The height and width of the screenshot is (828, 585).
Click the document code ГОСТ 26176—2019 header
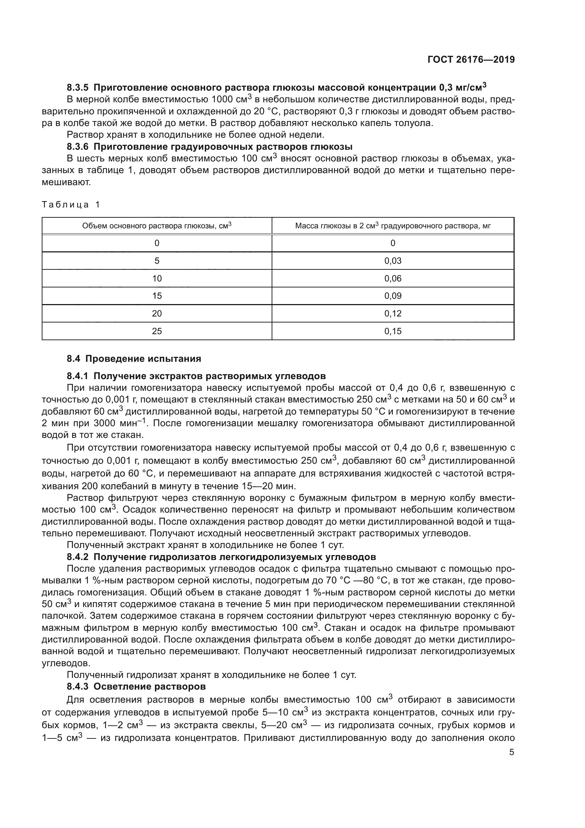click(x=471, y=59)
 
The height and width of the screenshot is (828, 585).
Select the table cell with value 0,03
click(x=393, y=261)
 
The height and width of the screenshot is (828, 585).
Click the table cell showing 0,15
click(x=393, y=331)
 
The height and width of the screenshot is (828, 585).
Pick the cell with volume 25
click(x=157, y=331)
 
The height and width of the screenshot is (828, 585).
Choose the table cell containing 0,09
click(x=393, y=296)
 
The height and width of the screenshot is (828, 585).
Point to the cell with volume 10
click(x=157, y=278)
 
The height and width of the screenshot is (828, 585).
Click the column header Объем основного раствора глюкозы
click(x=157, y=226)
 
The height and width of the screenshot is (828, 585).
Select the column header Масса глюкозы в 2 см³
click(x=393, y=226)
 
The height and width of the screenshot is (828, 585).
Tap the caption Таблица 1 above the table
click(x=71, y=205)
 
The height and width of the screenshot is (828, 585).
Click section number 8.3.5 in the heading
click(x=77, y=88)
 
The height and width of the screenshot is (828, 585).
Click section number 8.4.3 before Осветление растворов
click(x=77, y=686)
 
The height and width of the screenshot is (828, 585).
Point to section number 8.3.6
click(x=77, y=147)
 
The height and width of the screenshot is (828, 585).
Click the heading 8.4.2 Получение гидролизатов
click(x=221, y=557)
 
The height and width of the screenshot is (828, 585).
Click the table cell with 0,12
click(x=393, y=313)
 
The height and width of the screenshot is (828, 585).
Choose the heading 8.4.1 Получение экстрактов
click(x=196, y=376)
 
